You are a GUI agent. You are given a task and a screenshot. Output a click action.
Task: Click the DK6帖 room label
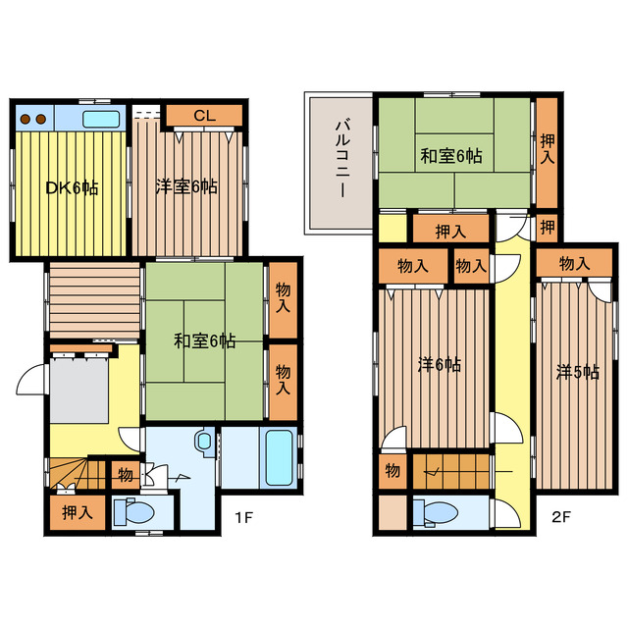point(72,187)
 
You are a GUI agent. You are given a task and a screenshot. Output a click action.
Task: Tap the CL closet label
point(205,116)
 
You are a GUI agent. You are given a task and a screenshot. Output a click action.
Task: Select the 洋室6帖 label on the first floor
point(186,186)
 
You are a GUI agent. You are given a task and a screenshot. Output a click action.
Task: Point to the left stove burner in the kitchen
point(26,119)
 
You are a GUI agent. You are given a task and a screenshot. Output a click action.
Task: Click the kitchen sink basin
point(101,119)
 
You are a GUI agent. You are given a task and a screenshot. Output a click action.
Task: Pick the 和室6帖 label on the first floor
point(204,341)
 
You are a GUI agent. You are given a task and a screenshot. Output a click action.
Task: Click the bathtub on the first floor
point(279,457)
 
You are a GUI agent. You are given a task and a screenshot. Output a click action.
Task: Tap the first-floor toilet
point(134,512)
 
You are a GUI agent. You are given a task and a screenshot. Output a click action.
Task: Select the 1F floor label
point(243,517)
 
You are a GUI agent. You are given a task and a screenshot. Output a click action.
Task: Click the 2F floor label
point(560,517)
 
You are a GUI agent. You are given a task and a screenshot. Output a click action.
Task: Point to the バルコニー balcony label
point(342,159)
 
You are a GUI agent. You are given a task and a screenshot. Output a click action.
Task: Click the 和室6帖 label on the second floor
point(451,156)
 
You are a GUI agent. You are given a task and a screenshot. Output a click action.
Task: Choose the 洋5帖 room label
point(578,373)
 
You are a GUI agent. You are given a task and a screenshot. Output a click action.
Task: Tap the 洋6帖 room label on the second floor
point(440,365)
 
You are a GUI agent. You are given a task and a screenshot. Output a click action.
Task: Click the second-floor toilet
point(436,513)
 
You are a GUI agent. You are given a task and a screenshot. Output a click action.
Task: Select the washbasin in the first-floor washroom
point(205,443)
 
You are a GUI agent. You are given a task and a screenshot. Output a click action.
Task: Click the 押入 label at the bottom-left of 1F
point(78,513)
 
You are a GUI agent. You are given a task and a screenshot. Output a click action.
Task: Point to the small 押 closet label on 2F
point(548,228)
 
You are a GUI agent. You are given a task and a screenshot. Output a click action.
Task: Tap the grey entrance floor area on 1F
point(79,391)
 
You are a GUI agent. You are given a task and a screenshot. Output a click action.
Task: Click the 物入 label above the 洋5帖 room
point(575,264)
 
